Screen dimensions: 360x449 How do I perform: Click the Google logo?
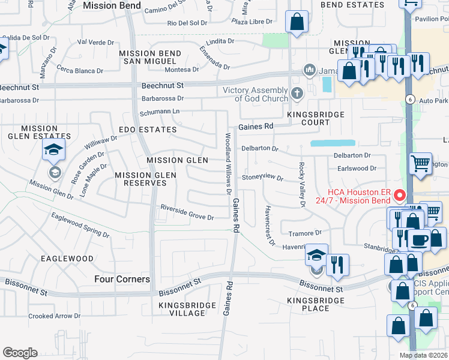(x=20, y=353)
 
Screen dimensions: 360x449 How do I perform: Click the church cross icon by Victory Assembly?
(x=297, y=93)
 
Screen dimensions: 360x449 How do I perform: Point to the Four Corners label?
(x=122, y=279)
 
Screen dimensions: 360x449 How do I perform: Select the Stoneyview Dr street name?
(x=262, y=178)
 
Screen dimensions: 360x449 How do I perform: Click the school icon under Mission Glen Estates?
(x=54, y=150)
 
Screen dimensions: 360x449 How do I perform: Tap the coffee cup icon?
(x=420, y=239)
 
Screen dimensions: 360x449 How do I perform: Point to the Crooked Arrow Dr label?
(x=54, y=316)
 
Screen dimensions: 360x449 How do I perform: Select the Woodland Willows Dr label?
(x=228, y=163)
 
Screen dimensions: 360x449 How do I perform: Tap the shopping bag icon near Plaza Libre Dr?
(x=297, y=22)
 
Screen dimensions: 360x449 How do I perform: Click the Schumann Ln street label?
(x=160, y=112)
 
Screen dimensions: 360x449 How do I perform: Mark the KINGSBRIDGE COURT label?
(x=316, y=118)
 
